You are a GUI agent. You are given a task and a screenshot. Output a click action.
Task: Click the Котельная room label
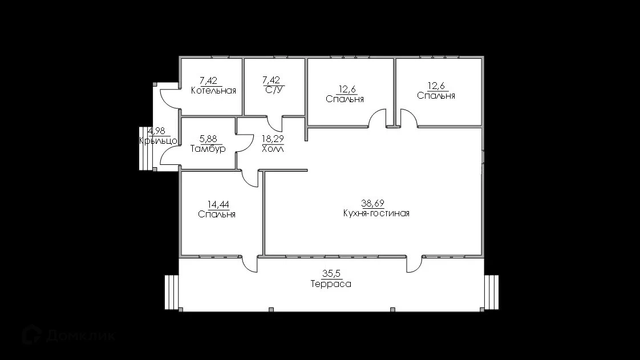point(213,91)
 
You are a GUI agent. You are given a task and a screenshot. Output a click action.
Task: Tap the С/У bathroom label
point(273,90)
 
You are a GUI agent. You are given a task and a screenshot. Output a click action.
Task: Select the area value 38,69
point(372,203)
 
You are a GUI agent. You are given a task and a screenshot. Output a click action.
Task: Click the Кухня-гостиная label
point(376,213)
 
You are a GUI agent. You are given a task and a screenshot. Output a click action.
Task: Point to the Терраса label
point(331,284)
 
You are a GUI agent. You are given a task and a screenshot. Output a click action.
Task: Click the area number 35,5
point(331,274)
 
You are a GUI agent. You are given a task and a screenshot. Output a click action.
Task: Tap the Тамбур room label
point(208,148)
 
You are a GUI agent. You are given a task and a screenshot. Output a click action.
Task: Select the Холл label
point(273,148)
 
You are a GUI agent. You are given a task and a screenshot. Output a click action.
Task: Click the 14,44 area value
point(218,204)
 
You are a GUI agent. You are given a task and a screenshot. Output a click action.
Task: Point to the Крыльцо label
point(159,141)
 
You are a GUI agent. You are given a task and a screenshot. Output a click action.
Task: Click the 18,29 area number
point(273,139)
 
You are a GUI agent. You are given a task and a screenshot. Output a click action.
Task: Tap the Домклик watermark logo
point(68,335)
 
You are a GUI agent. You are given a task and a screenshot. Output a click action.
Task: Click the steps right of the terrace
point(492,293)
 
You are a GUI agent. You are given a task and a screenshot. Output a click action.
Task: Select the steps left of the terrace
point(172,293)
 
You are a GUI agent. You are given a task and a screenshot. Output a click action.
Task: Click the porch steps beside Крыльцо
point(145,148)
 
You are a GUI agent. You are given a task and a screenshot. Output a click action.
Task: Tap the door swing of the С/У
point(274,124)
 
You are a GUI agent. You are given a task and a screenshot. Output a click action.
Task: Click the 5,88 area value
point(208,139)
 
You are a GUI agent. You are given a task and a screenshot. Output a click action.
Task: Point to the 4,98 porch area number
point(157,131)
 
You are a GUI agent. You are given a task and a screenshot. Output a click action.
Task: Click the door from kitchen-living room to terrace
point(414,264)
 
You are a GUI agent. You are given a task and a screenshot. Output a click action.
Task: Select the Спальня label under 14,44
point(217,215)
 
